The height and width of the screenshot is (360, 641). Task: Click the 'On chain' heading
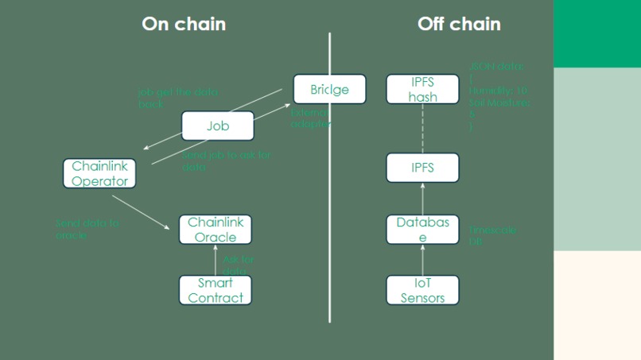pyautogui.click(x=184, y=24)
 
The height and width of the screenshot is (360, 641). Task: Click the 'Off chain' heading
pyautogui.click(x=459, y=24)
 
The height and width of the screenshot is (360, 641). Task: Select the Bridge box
pyautogui.click(x=329, y=89)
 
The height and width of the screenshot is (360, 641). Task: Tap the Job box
pyautogui.click(x=217, y=126)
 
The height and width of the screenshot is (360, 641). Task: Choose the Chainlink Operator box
pyautogui.click(x=99, y=173)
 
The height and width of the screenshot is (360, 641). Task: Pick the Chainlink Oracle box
pyautogui.click(x=216, y=230)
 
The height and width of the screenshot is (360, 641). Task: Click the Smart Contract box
pyautogui.click(x=216, y=290)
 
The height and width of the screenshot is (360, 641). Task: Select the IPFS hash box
pyautogui.click(x=422, y=89)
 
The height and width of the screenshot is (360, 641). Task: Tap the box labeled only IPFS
pyautogui.click(x=422, y=168)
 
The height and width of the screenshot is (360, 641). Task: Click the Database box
pyautogui.click(x=422, y=230)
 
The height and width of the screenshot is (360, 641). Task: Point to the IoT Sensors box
pyautogui.click(x=422, y=290)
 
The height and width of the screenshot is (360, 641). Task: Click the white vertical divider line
pyautogui.click(x=329, y=199)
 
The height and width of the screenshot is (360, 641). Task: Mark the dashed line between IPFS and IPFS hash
pyautogui.click(x=422, y=128)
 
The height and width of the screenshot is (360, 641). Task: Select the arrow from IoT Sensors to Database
pyautogui.click(x=422, y=260)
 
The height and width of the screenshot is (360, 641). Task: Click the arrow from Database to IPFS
pyautogui.click(x=422, y=199)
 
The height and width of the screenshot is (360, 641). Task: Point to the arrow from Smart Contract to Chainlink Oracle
pyautogui.click(x=216, y=261)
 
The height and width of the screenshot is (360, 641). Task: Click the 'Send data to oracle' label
pyautogui.click(x=87, y=229)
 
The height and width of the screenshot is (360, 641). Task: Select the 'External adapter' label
pyautogui.click(x=309, y=118)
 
